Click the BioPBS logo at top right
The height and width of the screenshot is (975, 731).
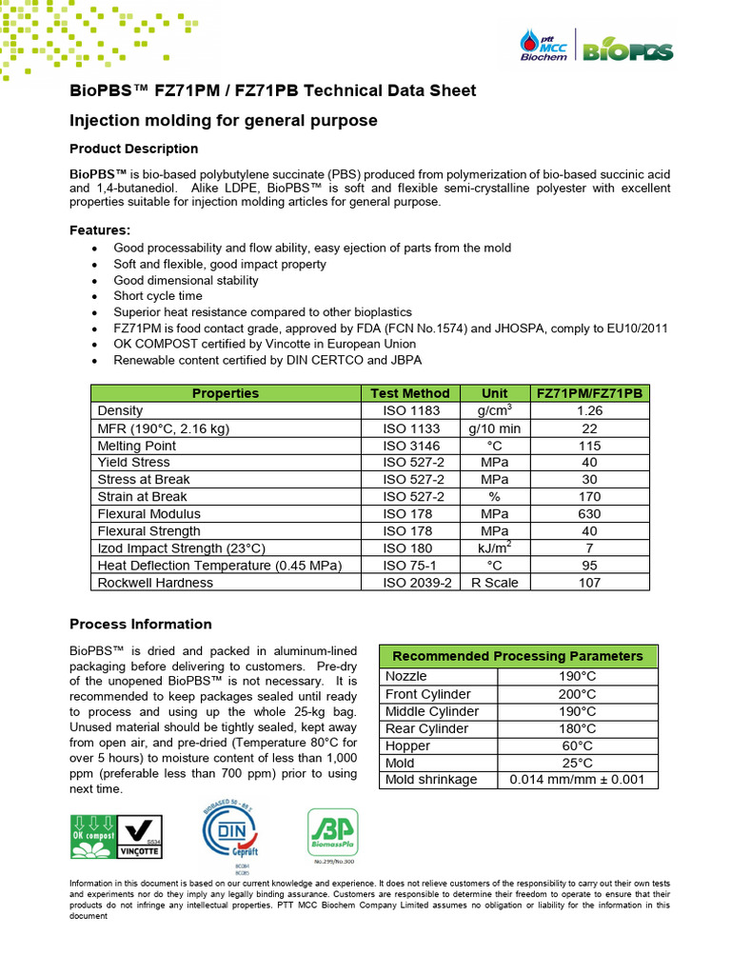click(x=628, y=50)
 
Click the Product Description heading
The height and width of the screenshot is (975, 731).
click(x=134, y=149)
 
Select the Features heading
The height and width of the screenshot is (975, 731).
click(x=100, y=230)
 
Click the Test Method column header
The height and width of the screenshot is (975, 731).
click(x=409, y=393)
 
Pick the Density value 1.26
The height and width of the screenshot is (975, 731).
click(x=589, y=410)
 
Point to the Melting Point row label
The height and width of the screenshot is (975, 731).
click(x=137, y=446)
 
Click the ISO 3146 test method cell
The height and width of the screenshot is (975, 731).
click(x=409, y=446)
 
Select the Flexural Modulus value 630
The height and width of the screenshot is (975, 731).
click(x=589, y=514)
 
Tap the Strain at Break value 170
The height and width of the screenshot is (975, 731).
click(x=589, y=497)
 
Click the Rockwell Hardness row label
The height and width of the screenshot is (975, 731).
click(x=149, y=583)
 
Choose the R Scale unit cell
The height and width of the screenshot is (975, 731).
click(x=494, y=583)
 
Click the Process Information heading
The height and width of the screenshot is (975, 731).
click(x=141, y=625)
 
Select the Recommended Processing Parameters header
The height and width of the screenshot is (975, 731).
click(x=518, y=656)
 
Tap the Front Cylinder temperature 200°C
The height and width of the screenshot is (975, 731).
click(x=578, y=694)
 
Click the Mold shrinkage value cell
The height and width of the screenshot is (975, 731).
click(x=578, y=780)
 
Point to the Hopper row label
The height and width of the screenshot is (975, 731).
click(x=407, y=746)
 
